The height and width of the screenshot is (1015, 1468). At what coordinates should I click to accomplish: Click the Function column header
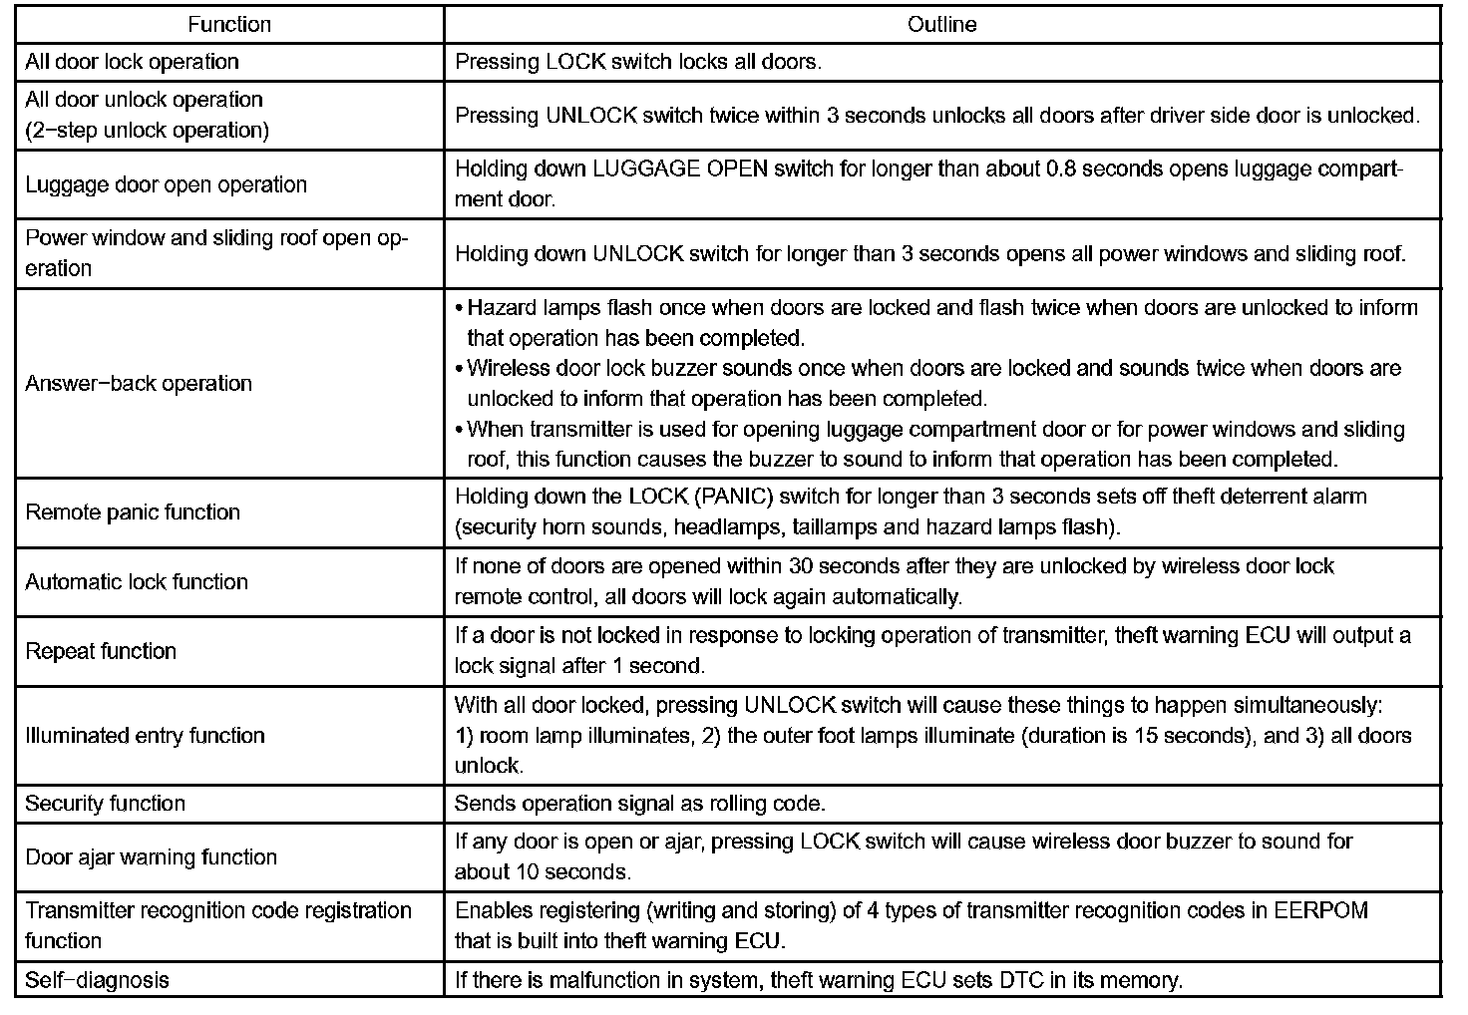click(229, 24)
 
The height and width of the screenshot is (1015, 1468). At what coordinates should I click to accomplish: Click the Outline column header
click(941, 24)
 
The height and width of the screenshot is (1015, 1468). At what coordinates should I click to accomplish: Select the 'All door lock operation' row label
click(132, 62)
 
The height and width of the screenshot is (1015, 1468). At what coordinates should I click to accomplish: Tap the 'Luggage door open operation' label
click(166, 184)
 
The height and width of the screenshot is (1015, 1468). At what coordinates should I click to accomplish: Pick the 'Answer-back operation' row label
click(139, 384)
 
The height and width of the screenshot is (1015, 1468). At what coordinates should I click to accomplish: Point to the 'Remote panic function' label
click(133, 512)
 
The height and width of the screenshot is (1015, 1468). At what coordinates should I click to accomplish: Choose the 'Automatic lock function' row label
click(137, 582)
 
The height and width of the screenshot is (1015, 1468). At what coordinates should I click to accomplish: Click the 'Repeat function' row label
click(101, 652)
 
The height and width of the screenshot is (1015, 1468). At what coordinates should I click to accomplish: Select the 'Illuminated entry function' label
click(145, 736)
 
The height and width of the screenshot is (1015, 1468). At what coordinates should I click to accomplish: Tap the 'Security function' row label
click(105, 804)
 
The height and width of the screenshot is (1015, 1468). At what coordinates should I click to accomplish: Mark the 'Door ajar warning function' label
click(151, 857)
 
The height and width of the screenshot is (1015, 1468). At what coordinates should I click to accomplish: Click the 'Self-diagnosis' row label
click(97, 980)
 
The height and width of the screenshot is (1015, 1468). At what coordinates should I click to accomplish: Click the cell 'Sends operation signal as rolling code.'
click(639, 804)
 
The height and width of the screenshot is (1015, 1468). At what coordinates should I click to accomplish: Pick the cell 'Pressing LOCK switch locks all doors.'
click(638, 62)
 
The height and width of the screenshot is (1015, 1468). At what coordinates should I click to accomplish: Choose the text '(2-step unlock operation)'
click(147, 131)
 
